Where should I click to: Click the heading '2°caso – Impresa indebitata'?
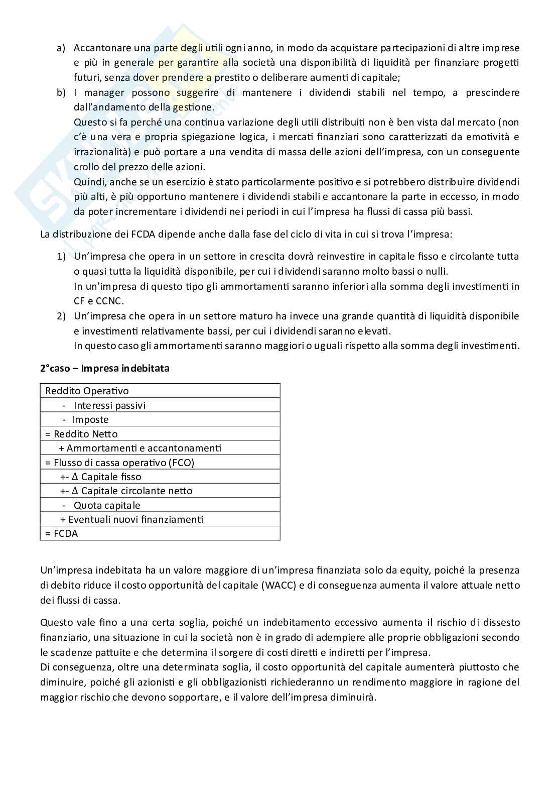pyautogui.click(x=105, y=368)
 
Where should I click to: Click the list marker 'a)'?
pyautogui.click(x=61, y=48)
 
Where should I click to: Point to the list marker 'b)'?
pyautogui.click(x=61, y=93)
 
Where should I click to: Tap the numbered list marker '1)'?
pyautogui.click(x=61, y=257)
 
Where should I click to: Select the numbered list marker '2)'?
pyautogui.click(x=61, y=316)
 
